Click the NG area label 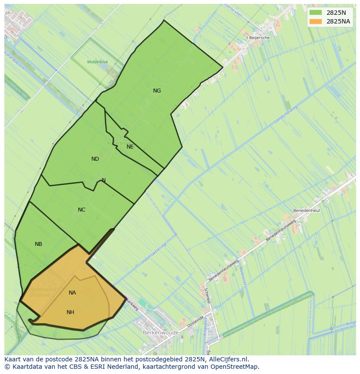tap(157, 91)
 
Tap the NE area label tap(130, 147)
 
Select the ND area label tap(95, 159)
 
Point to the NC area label tap(81, 210)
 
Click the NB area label tap(38, 244)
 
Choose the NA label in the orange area tap(72, 293)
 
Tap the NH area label tap(70, 312)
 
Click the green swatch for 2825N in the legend tap(316, 13)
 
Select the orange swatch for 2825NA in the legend tap(316, 21)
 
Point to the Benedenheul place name tap(306, 210)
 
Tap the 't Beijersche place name tap(258, 38)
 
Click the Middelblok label tap(97, 62)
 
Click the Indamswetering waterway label tap(153, 254)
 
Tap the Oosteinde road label tap(195, 322)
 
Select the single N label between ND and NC tap(103, 180)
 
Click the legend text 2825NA tap(338, 21)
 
